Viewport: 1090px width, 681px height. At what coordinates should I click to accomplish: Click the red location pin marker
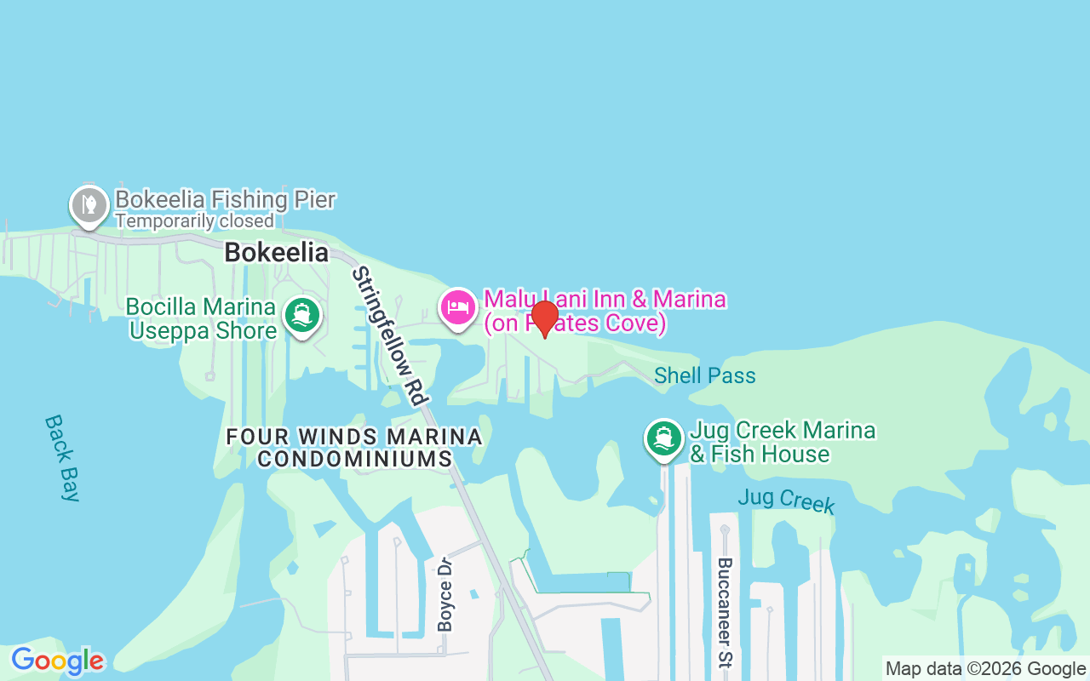(544, 318)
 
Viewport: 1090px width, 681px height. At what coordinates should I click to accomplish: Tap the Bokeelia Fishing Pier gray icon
(89, 205)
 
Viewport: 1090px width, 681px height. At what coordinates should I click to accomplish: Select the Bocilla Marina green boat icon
(301, 315)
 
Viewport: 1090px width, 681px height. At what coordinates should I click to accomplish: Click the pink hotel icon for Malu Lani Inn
(458, 307)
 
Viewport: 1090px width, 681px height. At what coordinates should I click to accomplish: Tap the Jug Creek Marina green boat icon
(663, 439)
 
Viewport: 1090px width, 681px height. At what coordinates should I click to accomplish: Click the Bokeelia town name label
(276, 253)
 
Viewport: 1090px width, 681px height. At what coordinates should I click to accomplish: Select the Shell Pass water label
(704, 375)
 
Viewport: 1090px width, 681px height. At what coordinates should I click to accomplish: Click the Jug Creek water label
(786, 500)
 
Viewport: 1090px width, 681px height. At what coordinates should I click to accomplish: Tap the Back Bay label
(62, 457)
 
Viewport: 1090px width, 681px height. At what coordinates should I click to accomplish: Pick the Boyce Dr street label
(445, 594)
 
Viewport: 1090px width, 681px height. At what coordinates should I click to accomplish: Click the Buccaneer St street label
(725, 612)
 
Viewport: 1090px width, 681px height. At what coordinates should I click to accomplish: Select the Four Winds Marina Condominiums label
(354, 448)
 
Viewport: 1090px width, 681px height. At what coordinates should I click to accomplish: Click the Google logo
(57, 661)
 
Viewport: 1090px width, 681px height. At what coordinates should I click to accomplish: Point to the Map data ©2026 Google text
(985, 669)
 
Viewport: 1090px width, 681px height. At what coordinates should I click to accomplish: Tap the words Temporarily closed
(194, 221)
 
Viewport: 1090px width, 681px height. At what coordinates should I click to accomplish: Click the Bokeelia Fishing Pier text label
(225, 200)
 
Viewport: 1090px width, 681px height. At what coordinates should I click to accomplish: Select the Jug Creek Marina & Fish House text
(782, 442)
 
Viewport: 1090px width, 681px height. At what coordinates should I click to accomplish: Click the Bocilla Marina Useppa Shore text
(202, 318)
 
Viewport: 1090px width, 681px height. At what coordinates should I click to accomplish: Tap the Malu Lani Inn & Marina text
(605, 312)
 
